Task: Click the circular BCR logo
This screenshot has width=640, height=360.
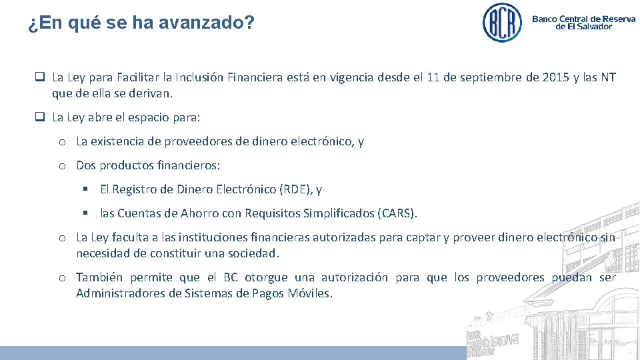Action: coord(502,23)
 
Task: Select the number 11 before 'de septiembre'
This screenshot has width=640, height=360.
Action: coord(433,77)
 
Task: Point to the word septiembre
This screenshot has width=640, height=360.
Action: coord(489,77)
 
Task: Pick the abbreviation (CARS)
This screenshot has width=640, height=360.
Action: coord(397,213)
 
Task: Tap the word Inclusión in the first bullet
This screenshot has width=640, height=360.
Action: coord(196,77)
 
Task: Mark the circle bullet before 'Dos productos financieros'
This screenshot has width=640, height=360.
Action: coord(61,165)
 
